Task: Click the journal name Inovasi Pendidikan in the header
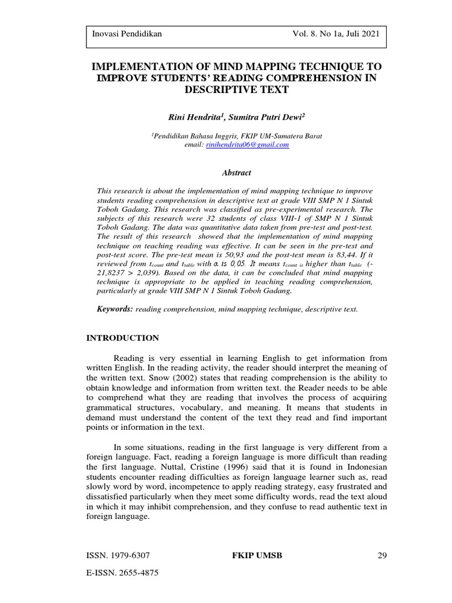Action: click(127, 34)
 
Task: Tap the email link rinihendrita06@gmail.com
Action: click(247, 144)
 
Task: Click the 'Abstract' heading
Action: click(236, 173)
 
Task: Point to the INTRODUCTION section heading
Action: click(122, 338)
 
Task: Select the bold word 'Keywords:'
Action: click(115, 309)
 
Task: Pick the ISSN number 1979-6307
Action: click(131, 555)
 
